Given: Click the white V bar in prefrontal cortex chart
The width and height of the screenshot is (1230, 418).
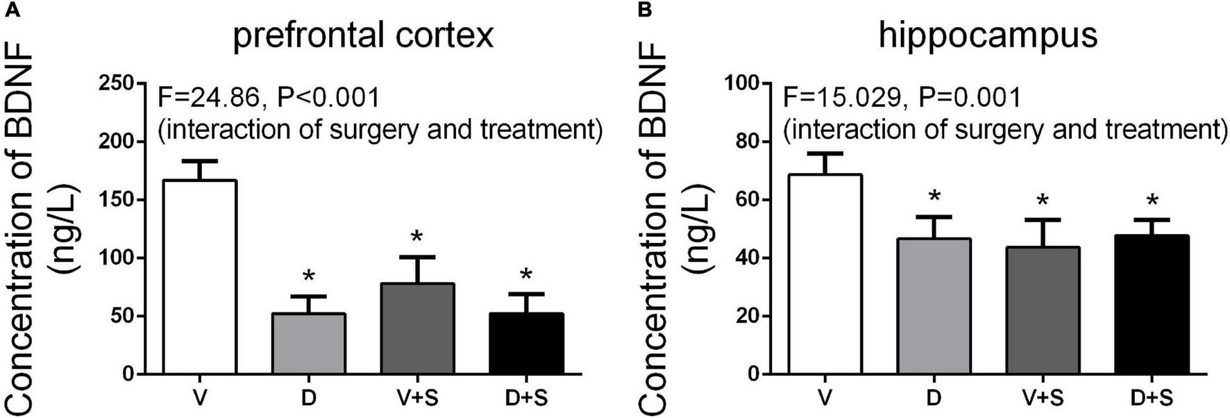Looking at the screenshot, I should [200, 278].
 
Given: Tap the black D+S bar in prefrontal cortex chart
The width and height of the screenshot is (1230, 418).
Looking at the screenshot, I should [526, 344].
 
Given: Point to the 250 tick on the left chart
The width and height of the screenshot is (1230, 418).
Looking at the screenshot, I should [118, 83].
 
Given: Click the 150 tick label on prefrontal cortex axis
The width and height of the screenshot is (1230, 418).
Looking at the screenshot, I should [118, 200].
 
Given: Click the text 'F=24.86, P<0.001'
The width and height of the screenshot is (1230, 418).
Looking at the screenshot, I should [269, 98].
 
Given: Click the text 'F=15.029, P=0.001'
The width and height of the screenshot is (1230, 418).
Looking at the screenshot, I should [902, 98].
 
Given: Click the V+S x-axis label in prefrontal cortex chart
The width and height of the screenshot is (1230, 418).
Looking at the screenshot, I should [416, 399].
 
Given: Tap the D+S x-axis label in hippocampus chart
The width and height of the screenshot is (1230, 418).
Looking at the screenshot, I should [1152, 399].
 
